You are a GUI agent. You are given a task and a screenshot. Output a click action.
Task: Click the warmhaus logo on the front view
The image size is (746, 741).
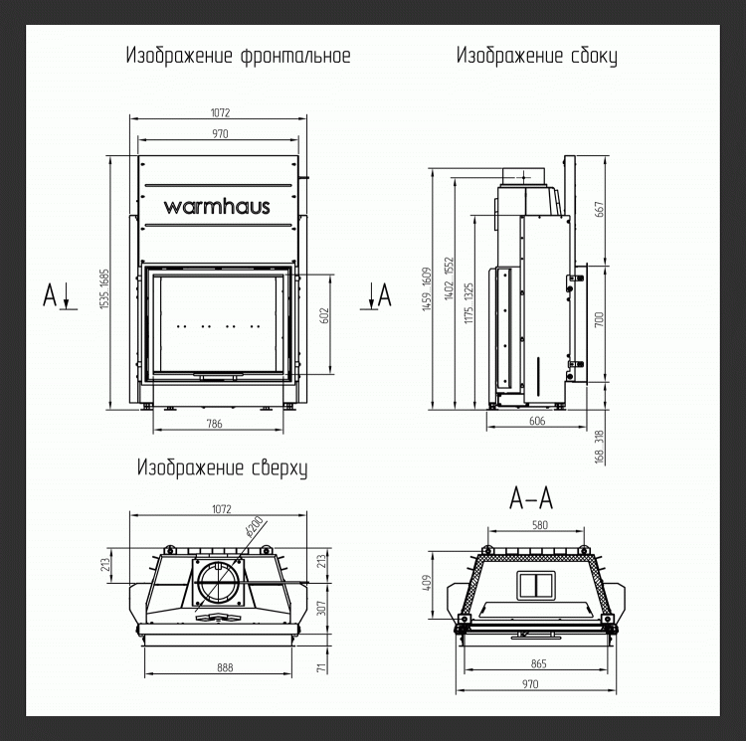coord(220,207)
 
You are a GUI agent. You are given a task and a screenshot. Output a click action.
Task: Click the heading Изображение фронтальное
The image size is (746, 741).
coord(238,56)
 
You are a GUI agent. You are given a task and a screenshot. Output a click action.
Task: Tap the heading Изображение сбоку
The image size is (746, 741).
coord(536,56)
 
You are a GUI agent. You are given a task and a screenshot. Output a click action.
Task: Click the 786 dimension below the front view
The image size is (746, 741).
coord(214,425)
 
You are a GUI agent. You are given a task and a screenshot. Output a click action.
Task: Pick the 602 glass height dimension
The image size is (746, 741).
coord(324,317)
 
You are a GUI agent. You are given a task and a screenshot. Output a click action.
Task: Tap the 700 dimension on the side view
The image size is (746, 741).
coord(598,321)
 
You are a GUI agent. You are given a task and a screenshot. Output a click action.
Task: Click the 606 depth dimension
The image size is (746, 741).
coord(537,422)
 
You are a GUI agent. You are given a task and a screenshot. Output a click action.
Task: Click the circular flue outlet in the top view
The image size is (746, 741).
coord(215,583)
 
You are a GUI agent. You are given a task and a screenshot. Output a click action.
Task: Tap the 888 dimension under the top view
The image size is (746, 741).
coord(225,667)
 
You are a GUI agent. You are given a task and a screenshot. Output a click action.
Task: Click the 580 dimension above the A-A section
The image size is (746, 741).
coord(540,526)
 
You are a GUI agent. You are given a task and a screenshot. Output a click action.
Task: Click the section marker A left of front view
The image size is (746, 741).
coord(50,294)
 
